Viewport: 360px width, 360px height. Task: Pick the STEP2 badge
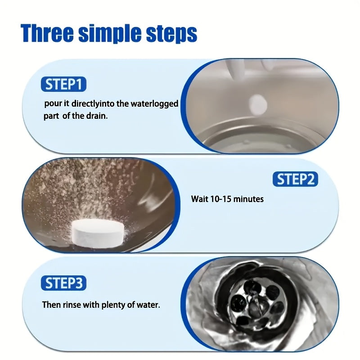click(x=295, y=179)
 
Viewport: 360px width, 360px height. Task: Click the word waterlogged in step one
click(x=154, y=103)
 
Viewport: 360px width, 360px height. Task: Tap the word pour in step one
click(x=52, y=103)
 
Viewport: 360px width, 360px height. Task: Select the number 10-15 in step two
click(x=222, y=198)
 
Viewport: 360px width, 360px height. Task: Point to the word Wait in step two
click(x=200, y=198)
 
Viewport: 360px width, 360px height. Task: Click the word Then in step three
click(x=51, y=305)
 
